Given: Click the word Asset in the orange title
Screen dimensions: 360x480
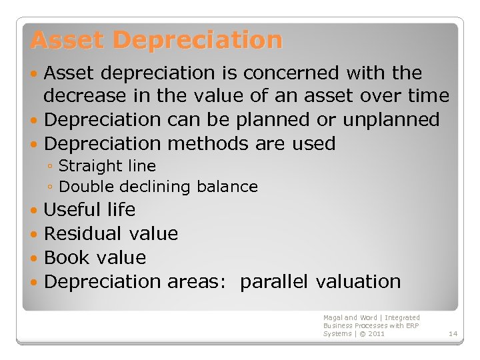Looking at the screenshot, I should coord(68,40).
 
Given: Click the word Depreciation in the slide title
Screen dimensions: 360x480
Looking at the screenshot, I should coord(197,40).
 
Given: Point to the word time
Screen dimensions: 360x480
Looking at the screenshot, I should coord(424,96).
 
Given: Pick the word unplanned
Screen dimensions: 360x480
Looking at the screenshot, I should coord(391,120).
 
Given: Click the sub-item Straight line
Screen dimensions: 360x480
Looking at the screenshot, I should coord(107,166).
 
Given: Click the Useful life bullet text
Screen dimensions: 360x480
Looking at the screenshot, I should coord(89,210).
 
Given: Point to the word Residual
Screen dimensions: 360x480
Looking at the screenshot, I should coord(83,234).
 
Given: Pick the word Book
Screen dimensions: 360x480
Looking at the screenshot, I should coord(67,258).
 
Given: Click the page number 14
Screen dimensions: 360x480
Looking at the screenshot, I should coord(453,333).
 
